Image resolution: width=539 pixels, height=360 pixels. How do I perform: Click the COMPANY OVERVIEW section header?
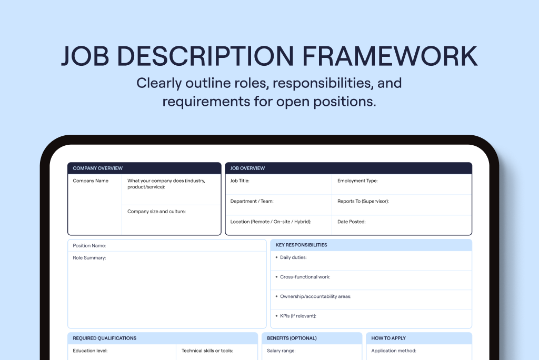coord(97,168)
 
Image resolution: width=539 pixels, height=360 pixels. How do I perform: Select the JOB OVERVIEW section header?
coord(247,168)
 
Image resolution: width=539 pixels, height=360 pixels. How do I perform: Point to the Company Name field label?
coord(91,181)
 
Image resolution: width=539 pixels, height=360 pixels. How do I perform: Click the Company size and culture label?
coord(156,211)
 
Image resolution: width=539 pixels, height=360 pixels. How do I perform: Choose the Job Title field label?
coord(239,181)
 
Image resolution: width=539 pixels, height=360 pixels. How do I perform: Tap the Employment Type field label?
coord(357,181)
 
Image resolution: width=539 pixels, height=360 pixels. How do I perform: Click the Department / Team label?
coord(252,201)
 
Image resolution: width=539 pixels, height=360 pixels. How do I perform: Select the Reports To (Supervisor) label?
coord(363,201)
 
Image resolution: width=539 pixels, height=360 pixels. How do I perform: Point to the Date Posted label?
coord(351,222)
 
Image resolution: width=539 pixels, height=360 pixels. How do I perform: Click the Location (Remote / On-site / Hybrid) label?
coord(271,222)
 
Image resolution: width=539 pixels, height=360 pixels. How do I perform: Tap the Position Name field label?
coord(89,245)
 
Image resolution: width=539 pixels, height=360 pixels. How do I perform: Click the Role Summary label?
coord(89,257)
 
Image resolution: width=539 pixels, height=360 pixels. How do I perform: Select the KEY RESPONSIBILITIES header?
coord(301,245)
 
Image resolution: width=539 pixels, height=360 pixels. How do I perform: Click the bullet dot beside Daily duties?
coord(276,257)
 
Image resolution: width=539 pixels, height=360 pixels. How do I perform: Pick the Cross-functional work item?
coord(305,277)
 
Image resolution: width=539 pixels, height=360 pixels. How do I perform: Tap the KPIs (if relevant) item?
coord(298,316)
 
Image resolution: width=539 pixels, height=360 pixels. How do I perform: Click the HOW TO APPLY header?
coord(388,338)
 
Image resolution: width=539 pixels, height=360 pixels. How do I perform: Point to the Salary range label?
coord(281,351)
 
